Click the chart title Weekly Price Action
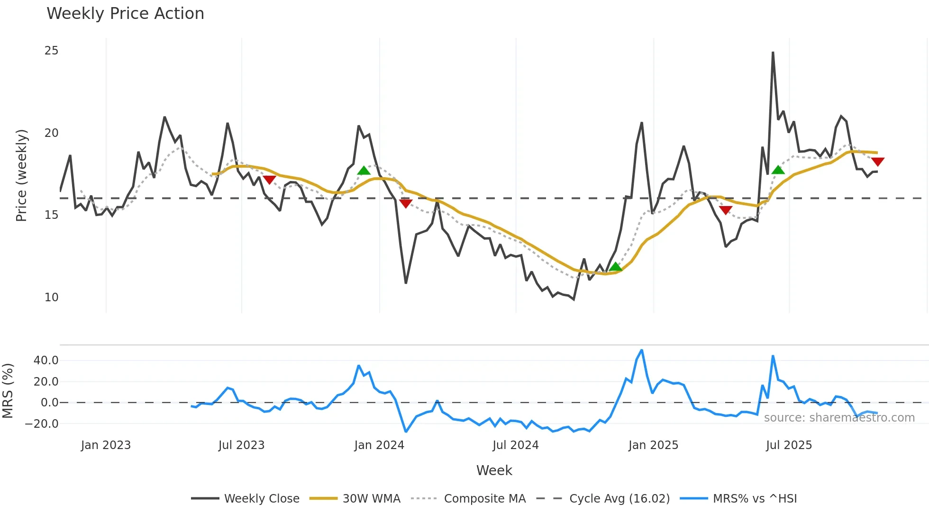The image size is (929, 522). [125, 14]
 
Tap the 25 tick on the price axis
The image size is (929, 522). [51, 51]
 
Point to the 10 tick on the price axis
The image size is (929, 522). [51, 297]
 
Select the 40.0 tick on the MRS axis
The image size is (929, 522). [46, 360]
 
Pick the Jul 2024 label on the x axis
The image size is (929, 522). [515, 445]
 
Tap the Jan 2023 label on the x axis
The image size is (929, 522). [106, 445]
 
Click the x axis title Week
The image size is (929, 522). [494, 470]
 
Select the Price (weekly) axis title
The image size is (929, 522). [21, 175]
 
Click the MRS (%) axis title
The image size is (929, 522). [8, 391]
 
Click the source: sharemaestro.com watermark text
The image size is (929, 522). [839, 418]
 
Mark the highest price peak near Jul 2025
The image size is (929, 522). [773, 53]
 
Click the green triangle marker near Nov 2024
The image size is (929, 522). [615, 267]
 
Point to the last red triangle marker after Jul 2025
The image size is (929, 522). [877, 162]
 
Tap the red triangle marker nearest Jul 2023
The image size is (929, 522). [269, 180]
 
